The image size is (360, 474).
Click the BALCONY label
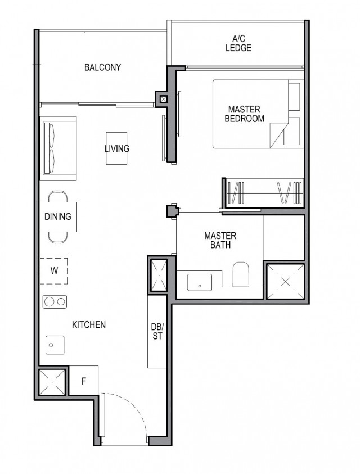(x=102, y=68)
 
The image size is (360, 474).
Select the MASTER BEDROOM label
(x=244, y=113)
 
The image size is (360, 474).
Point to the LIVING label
(x=116, y=149)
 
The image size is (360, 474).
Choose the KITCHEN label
(x=89, y=324)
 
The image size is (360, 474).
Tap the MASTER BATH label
(x=220, y=240)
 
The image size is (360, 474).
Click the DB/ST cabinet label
(x=157, y=331)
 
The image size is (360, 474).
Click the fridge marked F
(x=83, y=381)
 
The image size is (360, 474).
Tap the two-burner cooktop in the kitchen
(x=55, y=302)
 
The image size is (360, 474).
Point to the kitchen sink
(x=55, y=342)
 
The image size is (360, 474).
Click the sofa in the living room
(x=58, y=148)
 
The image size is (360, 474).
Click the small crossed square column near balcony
(x=163, y=100)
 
